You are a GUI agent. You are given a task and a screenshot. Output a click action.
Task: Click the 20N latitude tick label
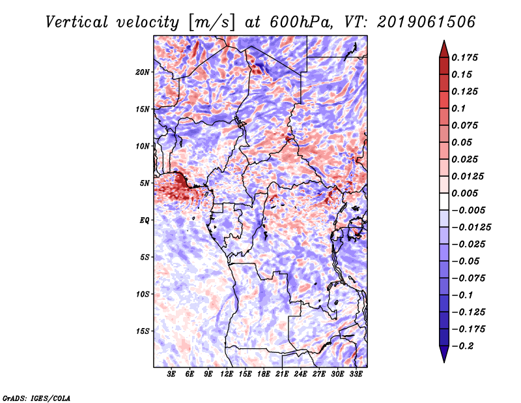point(143,72)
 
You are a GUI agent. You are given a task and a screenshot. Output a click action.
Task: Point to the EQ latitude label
point(145,220)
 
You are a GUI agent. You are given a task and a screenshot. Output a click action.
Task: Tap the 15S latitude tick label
point(143,331)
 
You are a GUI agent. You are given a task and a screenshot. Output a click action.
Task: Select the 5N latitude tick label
point(145,183)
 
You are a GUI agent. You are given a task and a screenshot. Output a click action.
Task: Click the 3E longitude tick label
point(171,374)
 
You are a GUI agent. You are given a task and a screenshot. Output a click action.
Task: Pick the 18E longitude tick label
point(263,374)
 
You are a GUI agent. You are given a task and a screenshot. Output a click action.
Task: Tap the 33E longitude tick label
point(355,374)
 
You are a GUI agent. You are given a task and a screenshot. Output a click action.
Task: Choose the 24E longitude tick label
point(300,374)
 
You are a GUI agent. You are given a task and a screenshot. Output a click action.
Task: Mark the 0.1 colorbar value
point(459,108)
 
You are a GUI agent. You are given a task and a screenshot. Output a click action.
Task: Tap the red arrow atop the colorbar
point(444,48)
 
